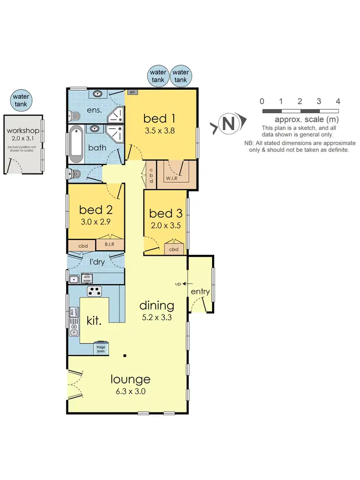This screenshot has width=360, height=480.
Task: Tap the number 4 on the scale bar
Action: click(x=338, y=101)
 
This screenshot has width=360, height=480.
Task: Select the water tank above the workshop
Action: click(x=21, y=100)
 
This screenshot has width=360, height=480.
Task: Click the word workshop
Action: click(x=23, y=131)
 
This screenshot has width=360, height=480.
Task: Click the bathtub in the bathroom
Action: click(x=76, y=144)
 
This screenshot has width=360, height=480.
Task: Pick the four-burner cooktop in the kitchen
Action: click(x=94, y=291)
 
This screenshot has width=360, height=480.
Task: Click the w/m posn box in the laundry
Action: click(x=87, y=278)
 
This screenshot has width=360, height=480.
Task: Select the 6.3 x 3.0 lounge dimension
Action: click(x=131, y=391)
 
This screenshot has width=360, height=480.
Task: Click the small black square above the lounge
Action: click(x=124, y=356)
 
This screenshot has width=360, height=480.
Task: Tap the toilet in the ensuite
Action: click(x=74, y=115)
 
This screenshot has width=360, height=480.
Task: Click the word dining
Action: click(x=156, y=305)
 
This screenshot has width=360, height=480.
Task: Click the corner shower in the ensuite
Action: click(x=116, y=113)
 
